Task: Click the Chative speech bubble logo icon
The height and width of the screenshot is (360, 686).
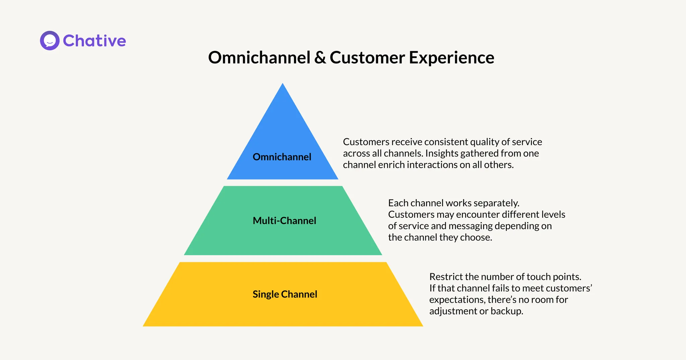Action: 50,41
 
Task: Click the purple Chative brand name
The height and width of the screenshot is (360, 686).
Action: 94,41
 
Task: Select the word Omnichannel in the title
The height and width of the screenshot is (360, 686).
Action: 259,57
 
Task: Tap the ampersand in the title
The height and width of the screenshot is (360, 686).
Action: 320,58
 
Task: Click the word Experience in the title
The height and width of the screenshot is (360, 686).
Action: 451,58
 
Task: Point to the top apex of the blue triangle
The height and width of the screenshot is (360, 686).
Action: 283,84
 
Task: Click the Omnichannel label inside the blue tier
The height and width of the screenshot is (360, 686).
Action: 282,157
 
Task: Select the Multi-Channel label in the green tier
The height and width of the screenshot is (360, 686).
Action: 284,220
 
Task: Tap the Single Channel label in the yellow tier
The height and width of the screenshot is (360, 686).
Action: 285,294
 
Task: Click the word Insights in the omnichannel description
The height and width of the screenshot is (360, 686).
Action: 441,153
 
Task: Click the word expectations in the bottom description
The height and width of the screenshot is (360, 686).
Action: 457,300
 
